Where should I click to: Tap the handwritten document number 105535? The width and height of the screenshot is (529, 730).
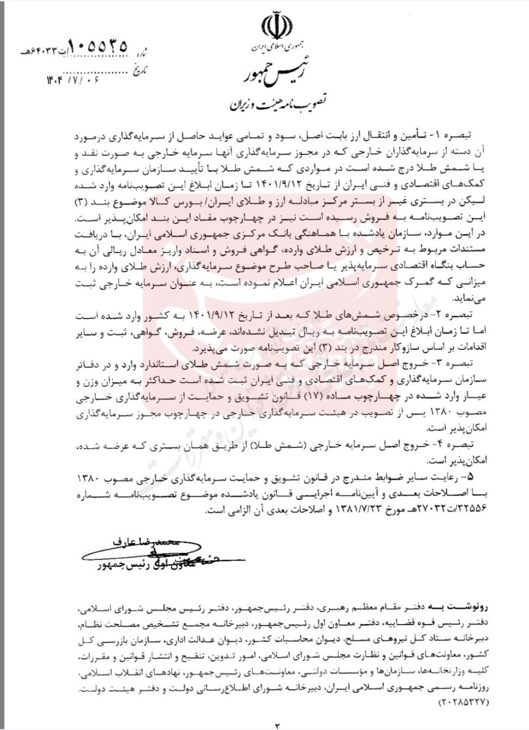pyautogui.click(x=98, y=47)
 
